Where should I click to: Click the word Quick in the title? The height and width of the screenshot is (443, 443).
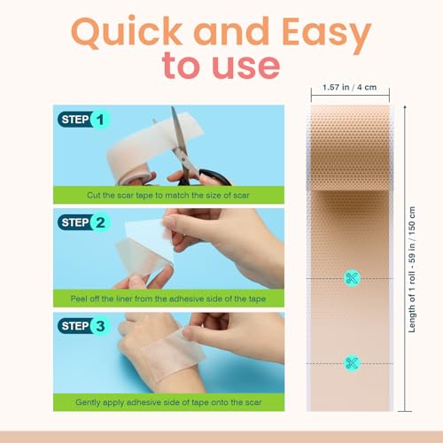point(127,32)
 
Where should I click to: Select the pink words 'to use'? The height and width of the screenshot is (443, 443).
point(221,66)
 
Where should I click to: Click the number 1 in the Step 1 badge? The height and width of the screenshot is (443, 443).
point(100,120)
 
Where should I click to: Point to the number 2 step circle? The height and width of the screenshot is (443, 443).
point(100,222)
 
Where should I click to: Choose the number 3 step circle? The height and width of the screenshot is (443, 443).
point(100,326)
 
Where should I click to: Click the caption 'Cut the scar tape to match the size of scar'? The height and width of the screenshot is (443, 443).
point(168,195)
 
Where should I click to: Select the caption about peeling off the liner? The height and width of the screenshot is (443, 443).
point(168,299)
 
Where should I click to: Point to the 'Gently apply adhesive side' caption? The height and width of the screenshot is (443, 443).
point(168,402)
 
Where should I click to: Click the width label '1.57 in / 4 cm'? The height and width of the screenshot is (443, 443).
point(350,88)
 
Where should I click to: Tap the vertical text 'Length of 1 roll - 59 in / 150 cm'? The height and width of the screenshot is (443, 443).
point(412,269)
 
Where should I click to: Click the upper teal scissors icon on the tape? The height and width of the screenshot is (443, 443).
point(352,278)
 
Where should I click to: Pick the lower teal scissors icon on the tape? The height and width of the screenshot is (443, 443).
point(352,363)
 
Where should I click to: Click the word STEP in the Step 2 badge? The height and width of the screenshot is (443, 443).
point(75,222)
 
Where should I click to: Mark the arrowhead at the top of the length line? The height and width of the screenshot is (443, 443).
point(405,106)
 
